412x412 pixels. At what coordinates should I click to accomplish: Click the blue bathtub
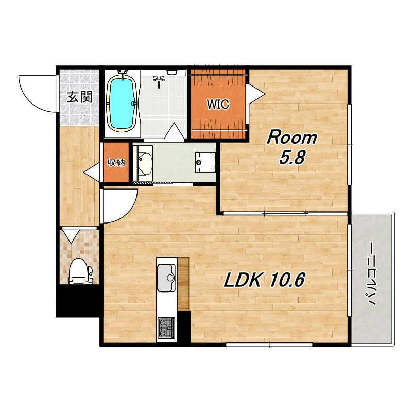122,104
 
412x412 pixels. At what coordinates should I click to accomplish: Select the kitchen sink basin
166,278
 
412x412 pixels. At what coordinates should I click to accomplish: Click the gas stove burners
166,328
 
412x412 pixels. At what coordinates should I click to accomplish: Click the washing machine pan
205,162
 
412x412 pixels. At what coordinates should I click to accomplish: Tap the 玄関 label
80,97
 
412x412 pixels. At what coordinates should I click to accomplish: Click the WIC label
218,105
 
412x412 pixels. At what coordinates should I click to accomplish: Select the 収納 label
116,163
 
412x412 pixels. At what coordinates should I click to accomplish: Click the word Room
292,138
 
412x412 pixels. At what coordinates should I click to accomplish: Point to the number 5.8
292,158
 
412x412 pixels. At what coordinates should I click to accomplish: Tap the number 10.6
287,280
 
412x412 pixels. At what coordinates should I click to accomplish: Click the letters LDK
242,280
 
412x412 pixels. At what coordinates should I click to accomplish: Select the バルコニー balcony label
372,273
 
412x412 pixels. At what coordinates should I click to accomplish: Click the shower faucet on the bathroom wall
159,81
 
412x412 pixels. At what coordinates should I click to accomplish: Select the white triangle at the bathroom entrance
175,131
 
